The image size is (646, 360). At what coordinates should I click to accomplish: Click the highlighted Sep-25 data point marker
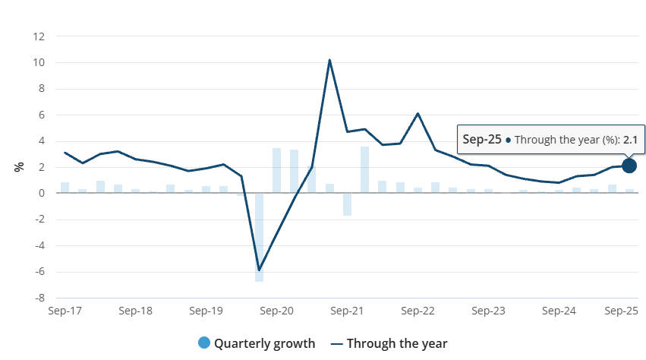(x=629, y=166)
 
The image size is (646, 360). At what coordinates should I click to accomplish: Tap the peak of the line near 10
(x=329, y=59)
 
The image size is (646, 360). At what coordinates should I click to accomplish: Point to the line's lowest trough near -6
(x=260, y=270)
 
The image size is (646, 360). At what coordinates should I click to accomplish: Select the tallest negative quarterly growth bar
(x=260, y=238)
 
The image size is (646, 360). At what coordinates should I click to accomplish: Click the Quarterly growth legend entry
(x=256, y=343)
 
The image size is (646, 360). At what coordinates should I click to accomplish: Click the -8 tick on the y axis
(x=39, y=298)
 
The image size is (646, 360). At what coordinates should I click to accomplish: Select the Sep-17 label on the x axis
(x=65, y=311)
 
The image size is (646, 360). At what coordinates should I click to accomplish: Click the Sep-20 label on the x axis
(x=277, y=311)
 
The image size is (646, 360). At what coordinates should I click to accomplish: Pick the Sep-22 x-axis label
(x=418, y=311)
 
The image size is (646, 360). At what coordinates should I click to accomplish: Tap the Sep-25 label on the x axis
(x=620, y=311)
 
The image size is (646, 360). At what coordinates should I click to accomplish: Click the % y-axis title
(x=19, y=166)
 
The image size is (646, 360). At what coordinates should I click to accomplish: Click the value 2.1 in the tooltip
(x=630, y=140)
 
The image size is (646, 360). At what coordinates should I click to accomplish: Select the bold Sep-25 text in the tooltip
(x=482, y=140)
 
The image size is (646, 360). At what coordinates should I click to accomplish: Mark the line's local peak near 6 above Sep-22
(x=418, y=113)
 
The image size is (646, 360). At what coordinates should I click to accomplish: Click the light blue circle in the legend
(x=203, y=343)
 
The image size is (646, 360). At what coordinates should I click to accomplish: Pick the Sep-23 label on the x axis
(x=488, y=311)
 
